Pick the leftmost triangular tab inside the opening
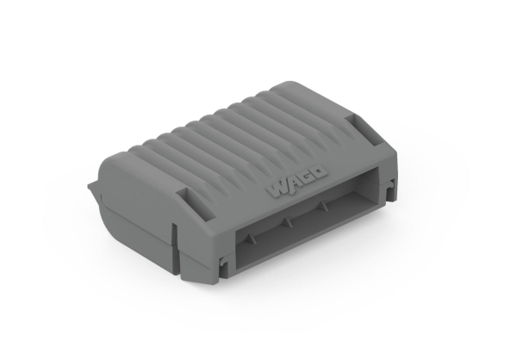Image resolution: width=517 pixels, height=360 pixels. (x=250, y=238)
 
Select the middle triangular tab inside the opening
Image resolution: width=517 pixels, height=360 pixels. (x=288, y=221)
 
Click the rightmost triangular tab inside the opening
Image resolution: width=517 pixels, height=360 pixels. (x=323, y=205)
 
